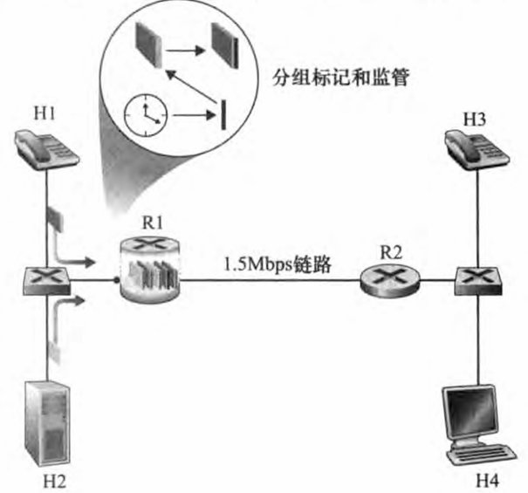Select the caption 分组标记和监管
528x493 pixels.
pos(346,76)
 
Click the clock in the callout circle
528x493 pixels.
pos(145,113)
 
